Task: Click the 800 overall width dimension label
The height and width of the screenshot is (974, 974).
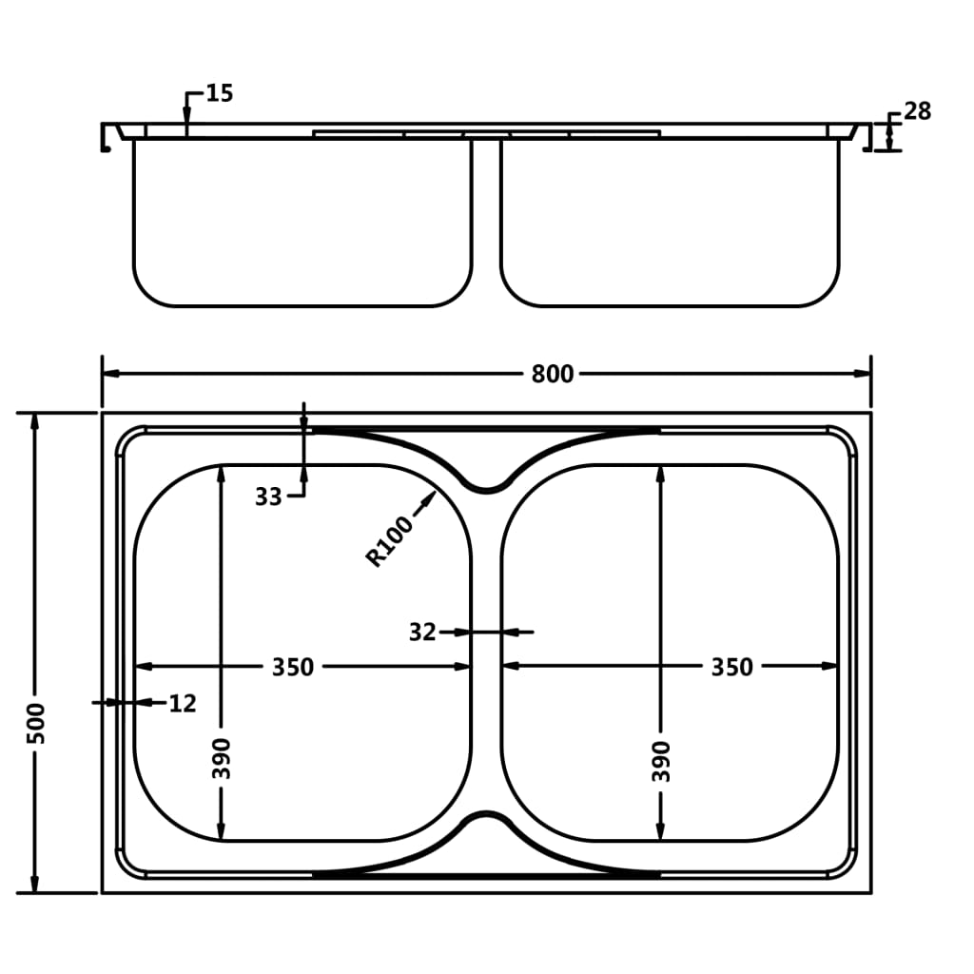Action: tap(553, 374)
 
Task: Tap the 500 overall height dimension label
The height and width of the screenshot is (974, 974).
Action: tap(37, 723)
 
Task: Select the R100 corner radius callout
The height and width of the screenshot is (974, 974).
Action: tap(389, 541)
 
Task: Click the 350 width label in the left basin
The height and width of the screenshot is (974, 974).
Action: tap(293, 667)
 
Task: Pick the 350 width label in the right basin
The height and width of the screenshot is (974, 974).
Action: tap(731, 667)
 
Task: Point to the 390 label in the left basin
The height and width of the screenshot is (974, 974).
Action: tap(222, 758)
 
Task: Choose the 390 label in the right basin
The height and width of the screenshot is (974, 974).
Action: tap(661, 761)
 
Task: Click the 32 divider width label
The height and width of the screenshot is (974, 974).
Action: tap(422, 632)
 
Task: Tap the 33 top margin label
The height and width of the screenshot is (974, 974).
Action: tap(268, 497)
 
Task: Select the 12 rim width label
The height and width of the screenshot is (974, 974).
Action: tap(183, 703)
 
